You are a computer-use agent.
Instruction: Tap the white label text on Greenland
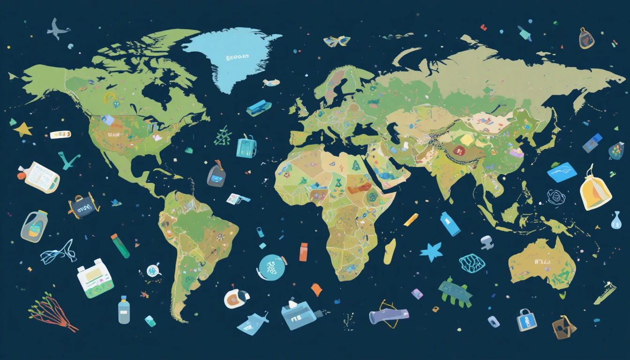click(237, 57)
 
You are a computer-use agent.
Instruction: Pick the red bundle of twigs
click(53, 312)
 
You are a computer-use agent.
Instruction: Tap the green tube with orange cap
click(120, 246)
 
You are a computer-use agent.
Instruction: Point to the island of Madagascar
click(390, 251)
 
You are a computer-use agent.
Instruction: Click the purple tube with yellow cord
click(389, 315)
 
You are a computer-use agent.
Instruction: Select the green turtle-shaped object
click(454, 292)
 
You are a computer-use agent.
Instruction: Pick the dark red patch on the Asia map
click(458, 150)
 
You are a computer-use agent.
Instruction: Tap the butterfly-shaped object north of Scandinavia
click(337, 41)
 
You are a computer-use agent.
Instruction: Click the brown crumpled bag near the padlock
click(563, 327)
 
